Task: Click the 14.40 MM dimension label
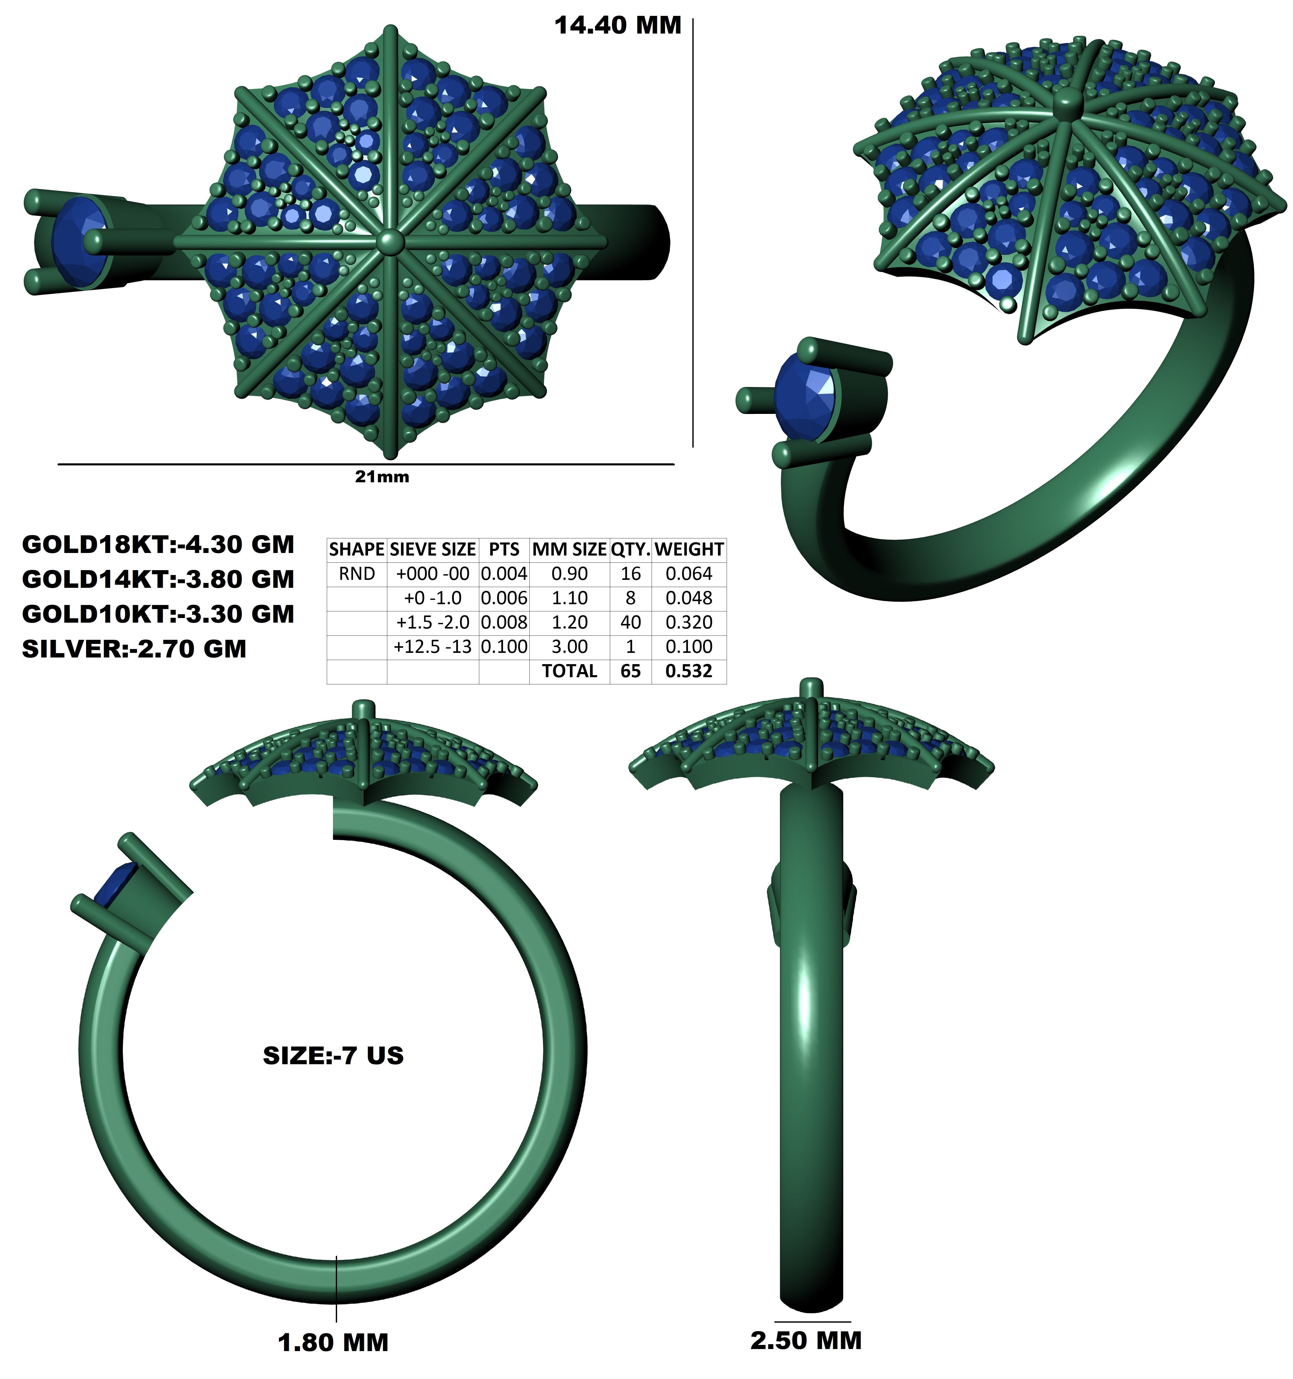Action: [617, 26]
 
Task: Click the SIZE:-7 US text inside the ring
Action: [333, 1055]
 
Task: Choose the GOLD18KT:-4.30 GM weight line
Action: [158, 545]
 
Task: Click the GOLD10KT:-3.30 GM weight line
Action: [158, 614]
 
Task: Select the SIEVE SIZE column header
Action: [433, 549]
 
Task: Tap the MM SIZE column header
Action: [569, 549]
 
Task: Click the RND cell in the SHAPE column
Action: [357, 574]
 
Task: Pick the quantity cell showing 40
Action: [631, 622]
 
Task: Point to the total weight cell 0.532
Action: [689, 671]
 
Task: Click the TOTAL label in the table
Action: [569, 671]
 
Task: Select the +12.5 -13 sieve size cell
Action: [433, 646]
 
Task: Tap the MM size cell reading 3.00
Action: [569, 646]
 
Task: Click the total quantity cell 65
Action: [631, 671]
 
